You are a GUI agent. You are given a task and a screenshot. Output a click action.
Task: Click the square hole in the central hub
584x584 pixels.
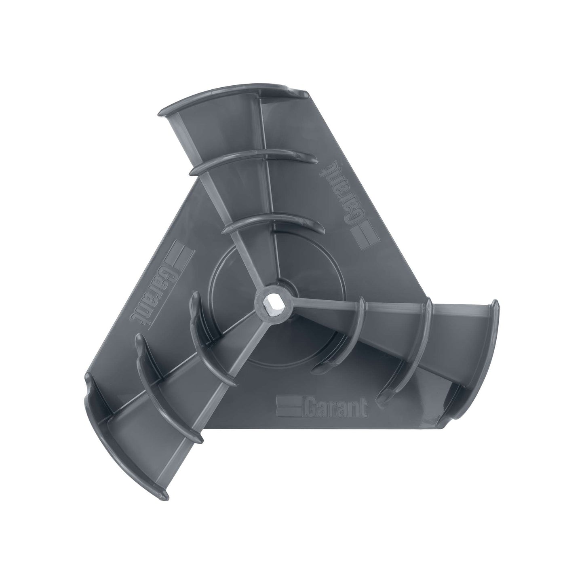(x=268, y=300)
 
